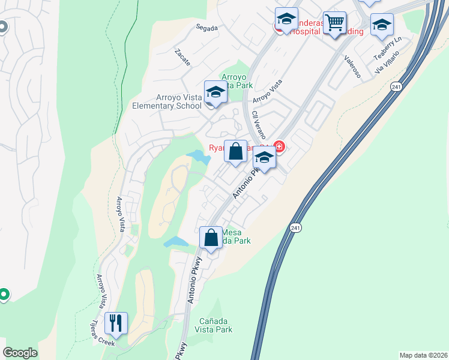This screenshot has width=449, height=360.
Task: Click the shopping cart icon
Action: click(x=334, y=23)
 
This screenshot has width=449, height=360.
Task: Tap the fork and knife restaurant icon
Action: click(x=116, y=323)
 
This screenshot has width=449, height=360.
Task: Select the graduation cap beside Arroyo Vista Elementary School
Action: click(x=215, y=92)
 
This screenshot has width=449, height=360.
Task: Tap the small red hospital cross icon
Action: click(x=279, y=146)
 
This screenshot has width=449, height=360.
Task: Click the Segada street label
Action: click(x=206, y=26)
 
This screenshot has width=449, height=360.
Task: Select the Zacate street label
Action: click(x=182, y=58)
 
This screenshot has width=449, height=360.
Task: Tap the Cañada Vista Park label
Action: click(x=215, y=325)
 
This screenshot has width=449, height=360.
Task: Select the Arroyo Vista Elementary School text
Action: click(x=167, y=101)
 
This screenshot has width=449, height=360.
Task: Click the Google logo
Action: click(x=20, y=353)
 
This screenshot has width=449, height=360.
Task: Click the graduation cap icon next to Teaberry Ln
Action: click(x=381, y=25)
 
